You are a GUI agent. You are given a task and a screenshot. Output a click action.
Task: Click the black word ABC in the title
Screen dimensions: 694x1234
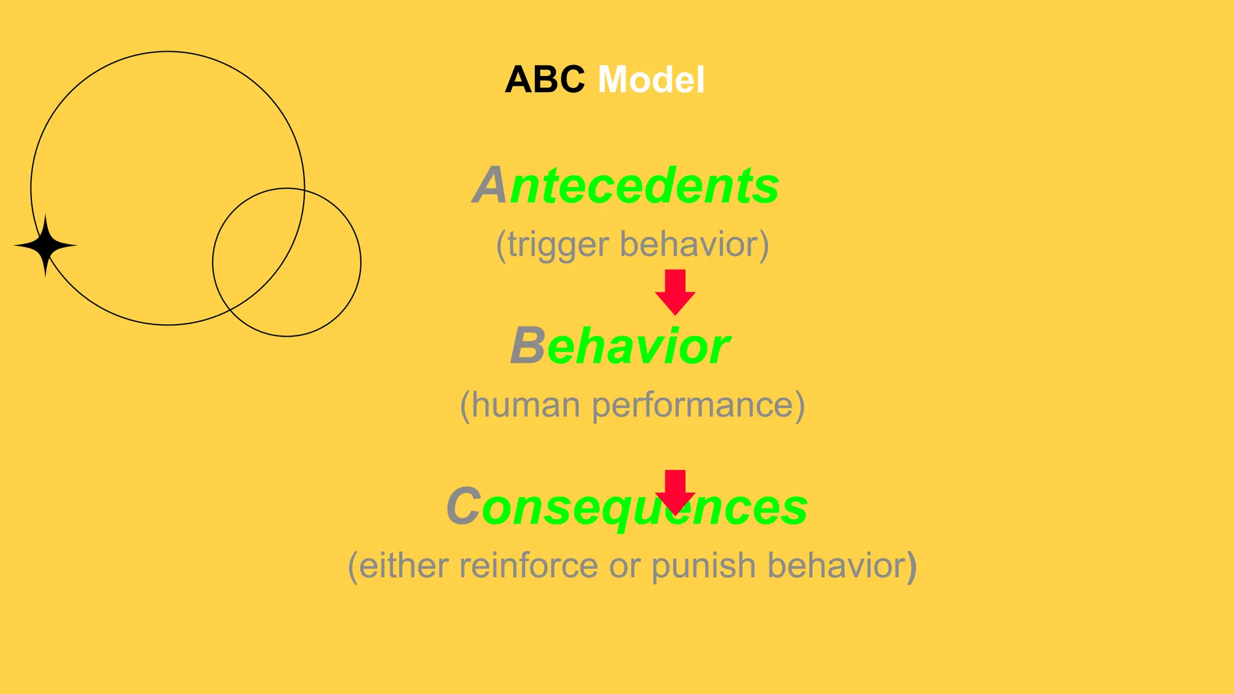pos(544,80)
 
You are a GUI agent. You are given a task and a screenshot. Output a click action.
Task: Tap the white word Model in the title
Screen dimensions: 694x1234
pos(651,80)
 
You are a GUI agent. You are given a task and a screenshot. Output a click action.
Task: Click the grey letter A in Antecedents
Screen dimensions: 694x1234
pos(489,186)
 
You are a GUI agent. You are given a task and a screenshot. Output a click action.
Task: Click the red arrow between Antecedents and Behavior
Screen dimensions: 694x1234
pos(675,292)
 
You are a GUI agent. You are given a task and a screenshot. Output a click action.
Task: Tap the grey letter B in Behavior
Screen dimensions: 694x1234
pos(528,346)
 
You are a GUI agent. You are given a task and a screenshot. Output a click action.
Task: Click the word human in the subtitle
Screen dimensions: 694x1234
pos(525,405)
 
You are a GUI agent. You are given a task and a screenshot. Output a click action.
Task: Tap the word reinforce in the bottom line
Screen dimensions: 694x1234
pos(529,566)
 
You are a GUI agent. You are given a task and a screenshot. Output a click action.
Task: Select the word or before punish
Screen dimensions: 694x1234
pos(623,566)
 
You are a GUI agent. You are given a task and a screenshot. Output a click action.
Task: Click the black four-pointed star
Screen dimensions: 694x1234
pos(45,245)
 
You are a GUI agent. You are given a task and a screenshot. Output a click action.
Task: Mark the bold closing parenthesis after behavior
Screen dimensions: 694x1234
pos(912,566)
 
